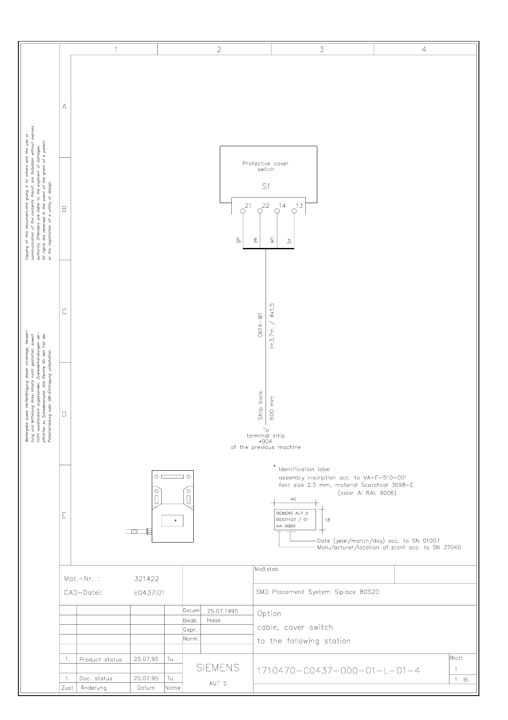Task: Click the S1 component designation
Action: (x=266, y=186)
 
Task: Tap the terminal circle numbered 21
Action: (x=243, y=211)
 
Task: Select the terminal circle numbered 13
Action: (x=294, y=211)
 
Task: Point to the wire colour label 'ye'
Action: (x=255, y=240)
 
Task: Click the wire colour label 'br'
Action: (x=289, y=241)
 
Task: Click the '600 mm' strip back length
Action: (x=272, y=408)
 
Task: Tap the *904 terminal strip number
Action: (x=266, y=442)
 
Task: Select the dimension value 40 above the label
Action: (x=293, y=499)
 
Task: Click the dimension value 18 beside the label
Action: (x=328, y=520)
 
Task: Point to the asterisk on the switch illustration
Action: (x=175, y=521)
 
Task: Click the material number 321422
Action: (x=147, y=579)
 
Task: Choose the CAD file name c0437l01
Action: (x=149, y=593)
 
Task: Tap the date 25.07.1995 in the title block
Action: (x=222, y=611)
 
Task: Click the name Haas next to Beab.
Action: (x=213, y=620)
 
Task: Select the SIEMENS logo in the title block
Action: (x=218, y=668)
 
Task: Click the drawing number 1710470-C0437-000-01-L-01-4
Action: (x=338, y=670)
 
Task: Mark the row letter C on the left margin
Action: (x=65, y=311)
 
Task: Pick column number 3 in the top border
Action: (x=322, y=50)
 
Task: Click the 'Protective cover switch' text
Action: (x=266, y=166)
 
